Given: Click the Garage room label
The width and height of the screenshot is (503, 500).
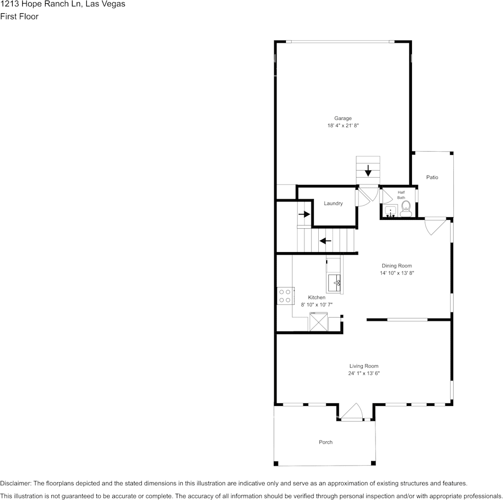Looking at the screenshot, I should point(343,118).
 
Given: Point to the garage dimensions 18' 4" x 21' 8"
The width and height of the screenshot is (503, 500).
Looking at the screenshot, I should point(343,126).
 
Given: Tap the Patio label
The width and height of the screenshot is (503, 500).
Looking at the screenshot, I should point(433,178).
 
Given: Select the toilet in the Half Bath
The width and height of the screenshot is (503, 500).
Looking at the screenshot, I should point(406,208).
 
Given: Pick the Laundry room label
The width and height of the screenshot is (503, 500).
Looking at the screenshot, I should point(333,203).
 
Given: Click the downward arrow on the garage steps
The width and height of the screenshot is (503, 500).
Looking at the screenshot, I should point(368,171).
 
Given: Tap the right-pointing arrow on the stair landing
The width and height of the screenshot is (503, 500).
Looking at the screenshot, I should point(303,214).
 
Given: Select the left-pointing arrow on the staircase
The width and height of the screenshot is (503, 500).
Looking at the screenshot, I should point(325,241).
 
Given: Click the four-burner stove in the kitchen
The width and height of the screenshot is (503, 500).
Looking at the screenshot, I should point(285,295).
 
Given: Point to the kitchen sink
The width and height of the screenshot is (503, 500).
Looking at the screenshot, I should point(334,283).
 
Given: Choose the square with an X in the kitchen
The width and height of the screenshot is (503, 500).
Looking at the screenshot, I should point(319,322).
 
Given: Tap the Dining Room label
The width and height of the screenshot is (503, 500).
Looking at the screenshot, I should point(397,266).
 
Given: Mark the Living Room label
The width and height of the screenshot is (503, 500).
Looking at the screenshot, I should point(364,366).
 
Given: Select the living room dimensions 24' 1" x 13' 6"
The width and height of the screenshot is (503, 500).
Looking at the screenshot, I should point(364,373).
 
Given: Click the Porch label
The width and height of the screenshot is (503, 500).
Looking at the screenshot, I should point(326,442).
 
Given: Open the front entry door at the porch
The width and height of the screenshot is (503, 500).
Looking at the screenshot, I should point(351,413).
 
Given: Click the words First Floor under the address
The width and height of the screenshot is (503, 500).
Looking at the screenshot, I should point(19,16).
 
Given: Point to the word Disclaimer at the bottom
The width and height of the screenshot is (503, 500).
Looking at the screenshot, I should point(15,483).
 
